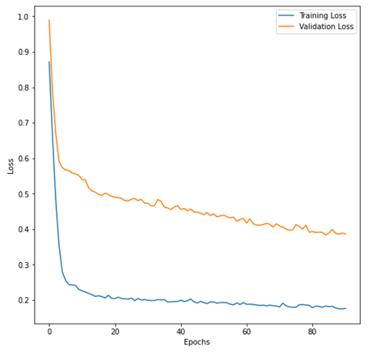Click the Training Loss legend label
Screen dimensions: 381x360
coord(323,15)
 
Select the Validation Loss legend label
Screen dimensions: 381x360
coord(326,27)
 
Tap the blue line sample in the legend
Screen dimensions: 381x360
coord(286,15)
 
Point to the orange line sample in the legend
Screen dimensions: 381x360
coord(286,26)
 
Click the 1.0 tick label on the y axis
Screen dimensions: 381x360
coord(23,17)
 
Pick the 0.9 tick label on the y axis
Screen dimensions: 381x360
coord(23,52)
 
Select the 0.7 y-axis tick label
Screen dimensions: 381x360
coord(23,123)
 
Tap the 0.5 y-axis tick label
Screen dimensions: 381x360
coord(23,194)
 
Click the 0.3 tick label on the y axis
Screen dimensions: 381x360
coord(23,265)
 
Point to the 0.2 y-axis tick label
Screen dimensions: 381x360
coord(23,300)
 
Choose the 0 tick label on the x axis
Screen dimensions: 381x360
coord(49,332)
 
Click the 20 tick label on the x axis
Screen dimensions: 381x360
coord(115,332)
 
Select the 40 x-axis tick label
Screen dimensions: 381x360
coord(180,332)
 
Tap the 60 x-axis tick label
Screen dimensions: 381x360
coord(247,332)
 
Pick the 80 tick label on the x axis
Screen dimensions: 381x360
coord(312,332)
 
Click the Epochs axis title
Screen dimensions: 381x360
coord(197,342)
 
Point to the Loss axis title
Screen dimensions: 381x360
coord(11,167)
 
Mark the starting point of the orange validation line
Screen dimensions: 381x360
coord(49,20)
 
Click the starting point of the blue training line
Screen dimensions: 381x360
coord(49,61)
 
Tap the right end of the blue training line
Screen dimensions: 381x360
coord(345,308)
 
